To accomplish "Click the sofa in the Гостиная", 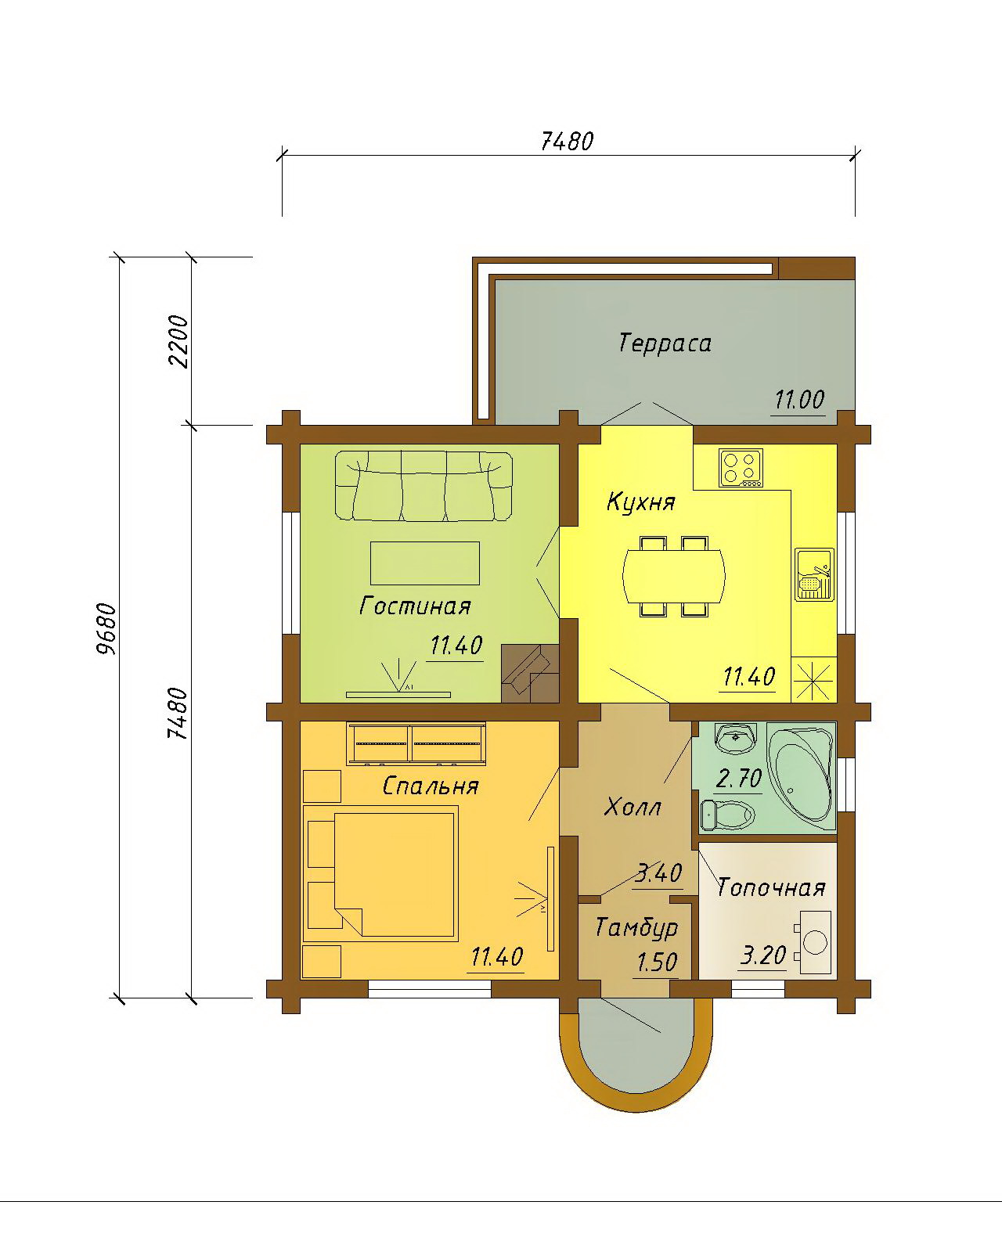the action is [424, 486].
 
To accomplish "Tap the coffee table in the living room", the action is [425, 563].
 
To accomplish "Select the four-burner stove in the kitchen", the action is [741, 467].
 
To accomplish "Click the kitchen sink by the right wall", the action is [815, 574].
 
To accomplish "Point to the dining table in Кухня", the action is [674, 577].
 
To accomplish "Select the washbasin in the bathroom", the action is [736, 738].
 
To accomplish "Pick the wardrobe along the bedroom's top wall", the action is [416, 743].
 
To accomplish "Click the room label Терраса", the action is [665, 344].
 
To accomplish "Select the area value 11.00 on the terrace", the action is [798, 400].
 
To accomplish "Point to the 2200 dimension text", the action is [178, 341].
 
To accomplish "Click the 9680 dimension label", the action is [106, 629].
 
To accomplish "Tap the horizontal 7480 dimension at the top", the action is [567, 142].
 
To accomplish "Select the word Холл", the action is [633, 808].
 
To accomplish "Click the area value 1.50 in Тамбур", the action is [657, 962].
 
